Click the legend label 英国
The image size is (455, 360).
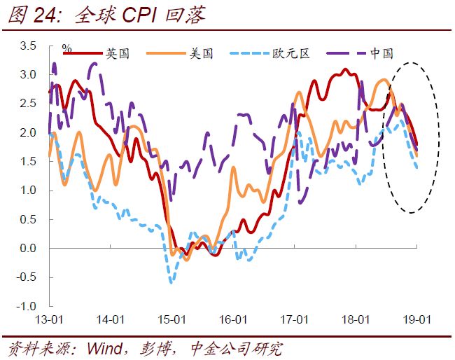point(117,53)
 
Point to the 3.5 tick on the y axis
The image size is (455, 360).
point(27,46)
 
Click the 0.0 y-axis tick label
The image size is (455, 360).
point(27,249)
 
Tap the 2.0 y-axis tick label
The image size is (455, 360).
point(27,133)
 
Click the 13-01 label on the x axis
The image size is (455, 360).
point(49,319)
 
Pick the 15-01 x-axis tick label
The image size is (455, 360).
point(171,319)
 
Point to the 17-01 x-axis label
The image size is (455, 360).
point(295,319)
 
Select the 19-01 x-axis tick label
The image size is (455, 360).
point(417,319)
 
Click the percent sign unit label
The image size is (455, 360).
point(67,48)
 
